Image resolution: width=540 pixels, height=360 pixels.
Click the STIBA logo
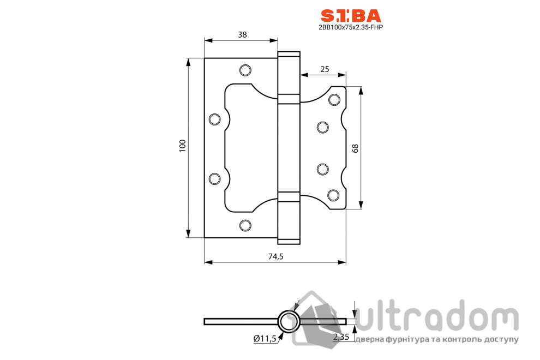[351, 16]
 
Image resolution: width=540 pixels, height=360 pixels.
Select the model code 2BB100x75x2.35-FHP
[351, 27]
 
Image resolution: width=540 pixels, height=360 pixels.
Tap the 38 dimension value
[242, 34]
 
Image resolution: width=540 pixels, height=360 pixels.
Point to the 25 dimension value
[325, 69]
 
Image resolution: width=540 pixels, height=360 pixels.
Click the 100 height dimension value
[183, 146]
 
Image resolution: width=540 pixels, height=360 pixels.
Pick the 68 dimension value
[355, 148]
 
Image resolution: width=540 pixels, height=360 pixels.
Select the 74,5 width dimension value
[275, 256]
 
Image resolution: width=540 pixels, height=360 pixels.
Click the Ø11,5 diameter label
[265, 339]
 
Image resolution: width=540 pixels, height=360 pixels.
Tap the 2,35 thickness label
[341, 337]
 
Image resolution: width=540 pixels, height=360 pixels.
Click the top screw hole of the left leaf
[245, 70]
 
